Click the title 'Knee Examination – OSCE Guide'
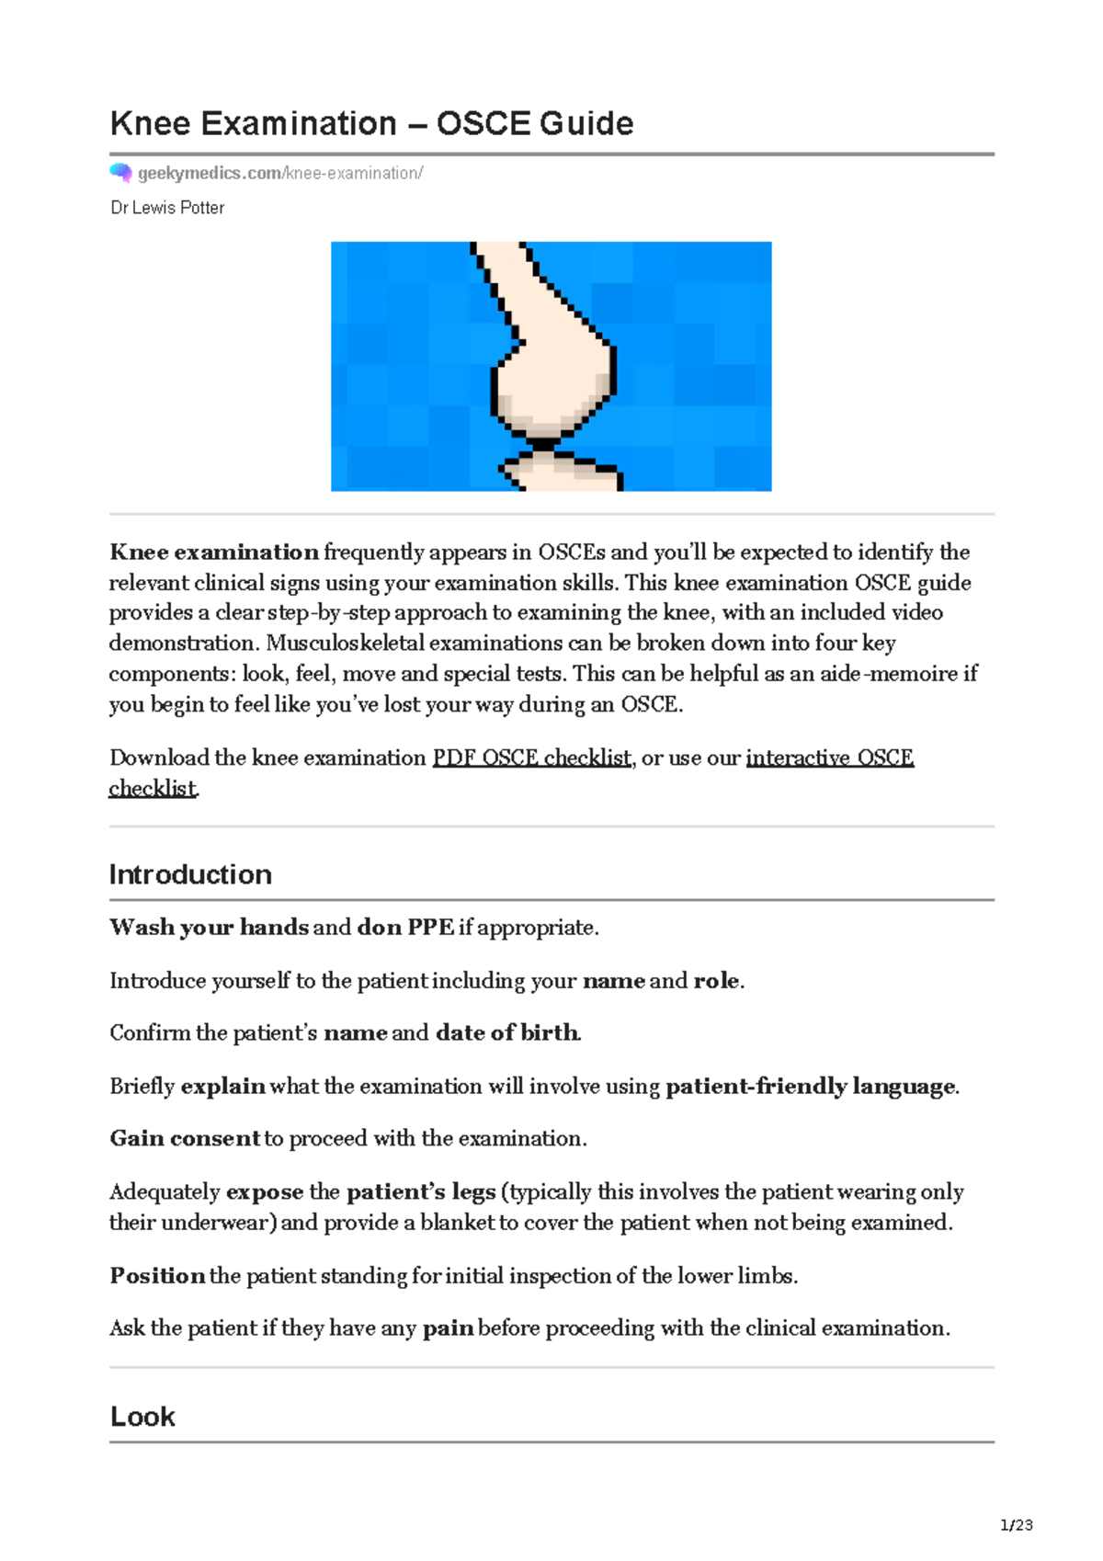(371, 123)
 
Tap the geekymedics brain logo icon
(120, 172)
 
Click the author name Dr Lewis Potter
(167, 208)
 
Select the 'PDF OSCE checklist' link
(531, 758)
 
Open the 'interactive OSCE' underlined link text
(829, 758)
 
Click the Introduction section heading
(190, 874)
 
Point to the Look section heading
(142, 1417)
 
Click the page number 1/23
(1016, 1525)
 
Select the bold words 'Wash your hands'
(209, 928)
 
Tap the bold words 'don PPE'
(404, 928)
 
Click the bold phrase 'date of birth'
(506, 1033)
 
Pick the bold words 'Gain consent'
(185, 1139)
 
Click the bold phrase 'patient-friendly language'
(810, 1087)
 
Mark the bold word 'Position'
(157, 1276)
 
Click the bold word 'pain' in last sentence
(448, 1328)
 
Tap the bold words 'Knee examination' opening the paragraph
(214, 553)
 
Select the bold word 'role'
(716, 981)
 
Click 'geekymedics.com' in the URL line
(209, 173)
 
